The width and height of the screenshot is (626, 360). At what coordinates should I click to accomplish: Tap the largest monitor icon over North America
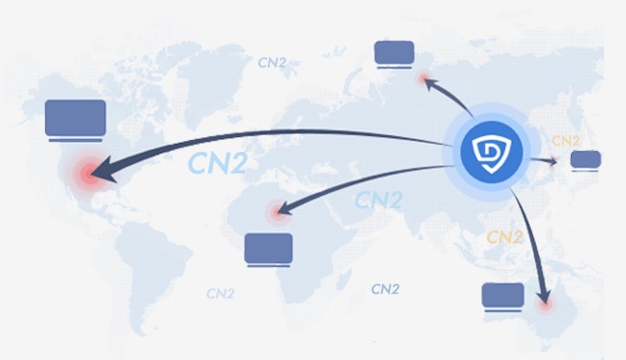pos(75,117)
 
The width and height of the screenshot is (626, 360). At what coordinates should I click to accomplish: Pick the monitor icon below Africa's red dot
pos(269,247)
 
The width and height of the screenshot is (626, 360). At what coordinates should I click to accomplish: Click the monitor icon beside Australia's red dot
pos(503,295)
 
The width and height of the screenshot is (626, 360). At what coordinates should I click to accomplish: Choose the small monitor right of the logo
pos(585,159)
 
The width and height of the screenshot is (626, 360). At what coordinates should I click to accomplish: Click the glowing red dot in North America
pos(89,172)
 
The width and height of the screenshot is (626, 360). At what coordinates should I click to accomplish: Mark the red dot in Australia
pos(547,301)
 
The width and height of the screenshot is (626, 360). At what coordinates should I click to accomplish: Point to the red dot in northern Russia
pos(424,81)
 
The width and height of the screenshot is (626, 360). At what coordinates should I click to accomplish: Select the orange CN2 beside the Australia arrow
pos(504,237)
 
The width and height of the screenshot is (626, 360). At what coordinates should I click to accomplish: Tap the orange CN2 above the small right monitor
pos(564,141)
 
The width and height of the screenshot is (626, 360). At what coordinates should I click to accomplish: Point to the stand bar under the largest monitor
pos(75,138)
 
